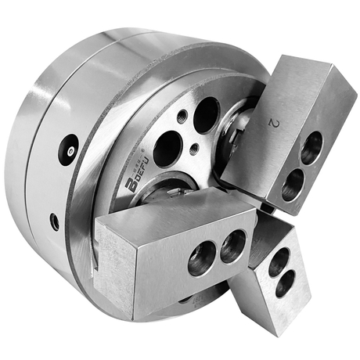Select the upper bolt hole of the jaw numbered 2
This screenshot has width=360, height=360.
(311, 147)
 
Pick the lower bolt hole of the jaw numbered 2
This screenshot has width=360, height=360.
(293, 184)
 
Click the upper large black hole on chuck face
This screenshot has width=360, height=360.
(206, 115)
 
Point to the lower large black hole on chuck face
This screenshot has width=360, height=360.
(167, 148)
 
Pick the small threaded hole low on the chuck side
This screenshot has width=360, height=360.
(54, 221)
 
